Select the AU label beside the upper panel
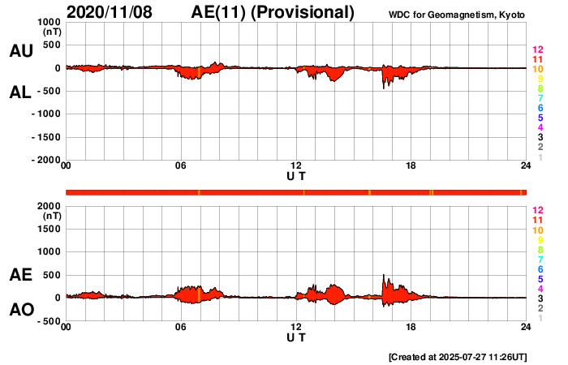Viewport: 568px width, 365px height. [20, 51]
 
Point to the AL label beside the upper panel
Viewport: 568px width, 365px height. [20, 92]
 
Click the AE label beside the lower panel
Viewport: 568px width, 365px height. [20, 276]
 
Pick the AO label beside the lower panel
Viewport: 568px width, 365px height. [20, 311]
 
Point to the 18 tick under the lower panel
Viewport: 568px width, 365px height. [411, 327]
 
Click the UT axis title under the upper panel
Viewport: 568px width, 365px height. [296, 176]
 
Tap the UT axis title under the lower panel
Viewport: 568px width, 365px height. [296, 337]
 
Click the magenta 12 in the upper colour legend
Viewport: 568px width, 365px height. [537, 51]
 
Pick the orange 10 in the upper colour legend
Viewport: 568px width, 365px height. [537, 70]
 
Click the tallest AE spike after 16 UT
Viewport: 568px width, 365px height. [384, 276]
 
